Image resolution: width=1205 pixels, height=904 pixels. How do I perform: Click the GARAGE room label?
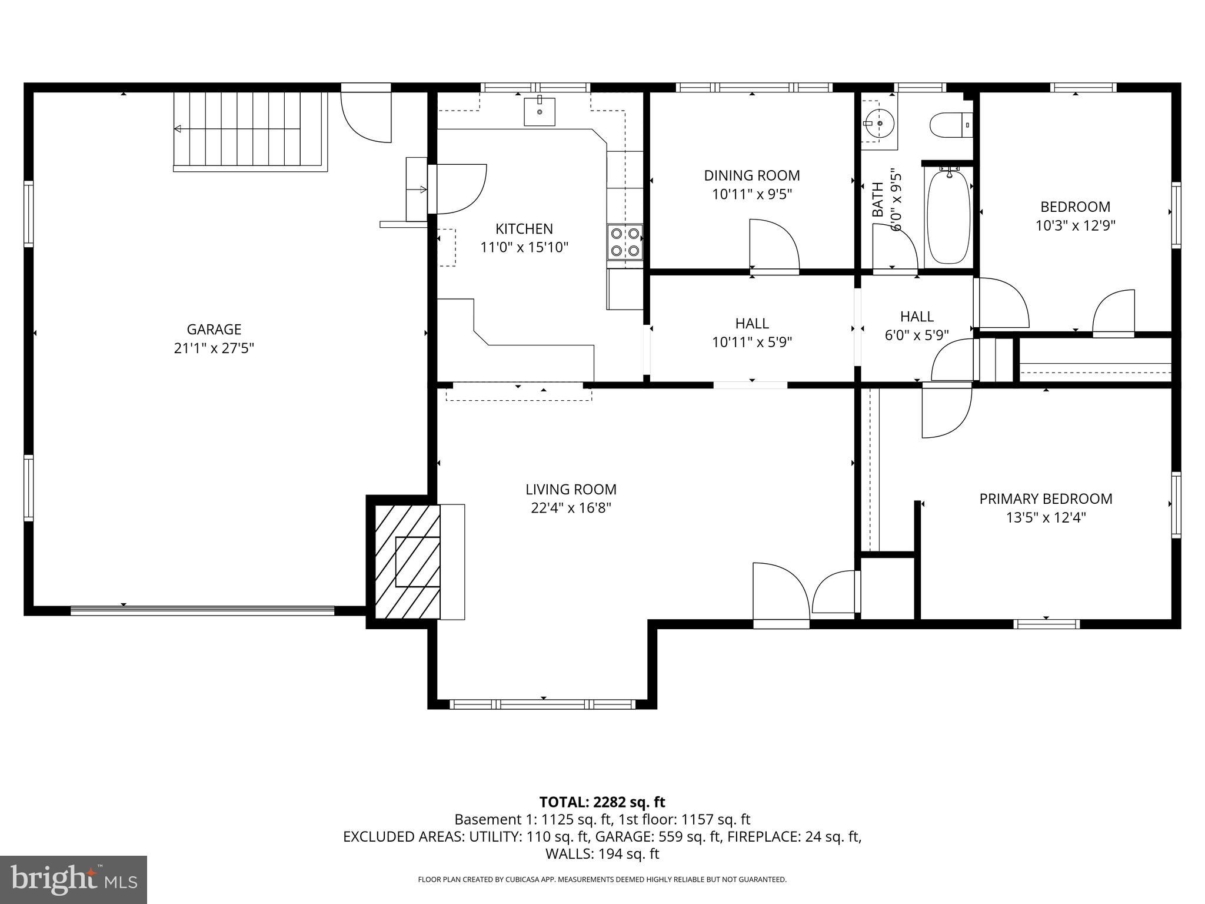pos(214,329)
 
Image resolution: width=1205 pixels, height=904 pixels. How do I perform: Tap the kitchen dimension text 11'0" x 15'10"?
pos(524,247)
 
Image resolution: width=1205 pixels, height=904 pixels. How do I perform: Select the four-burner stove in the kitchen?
pos(625,241)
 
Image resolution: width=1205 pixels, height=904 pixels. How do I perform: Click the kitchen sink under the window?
pos(540,112)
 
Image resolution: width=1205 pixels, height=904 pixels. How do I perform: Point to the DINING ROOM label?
pos(752,175)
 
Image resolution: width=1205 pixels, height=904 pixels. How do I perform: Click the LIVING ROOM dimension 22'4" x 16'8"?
pos(571,508)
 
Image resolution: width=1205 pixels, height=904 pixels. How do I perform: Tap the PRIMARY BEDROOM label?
pos(1046,499)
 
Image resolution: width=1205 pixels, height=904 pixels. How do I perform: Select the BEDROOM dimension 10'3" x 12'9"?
pos(1075,225)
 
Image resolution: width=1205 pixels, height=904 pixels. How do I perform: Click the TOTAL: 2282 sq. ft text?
pos(602,802)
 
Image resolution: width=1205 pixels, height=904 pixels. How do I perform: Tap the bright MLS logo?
pos(74,879)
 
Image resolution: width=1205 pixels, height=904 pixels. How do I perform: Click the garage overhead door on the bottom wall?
pos(202,611)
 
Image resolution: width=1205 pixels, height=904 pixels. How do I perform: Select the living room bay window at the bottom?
pos(542,703)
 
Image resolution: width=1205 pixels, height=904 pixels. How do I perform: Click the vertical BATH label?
pos(877,200)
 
